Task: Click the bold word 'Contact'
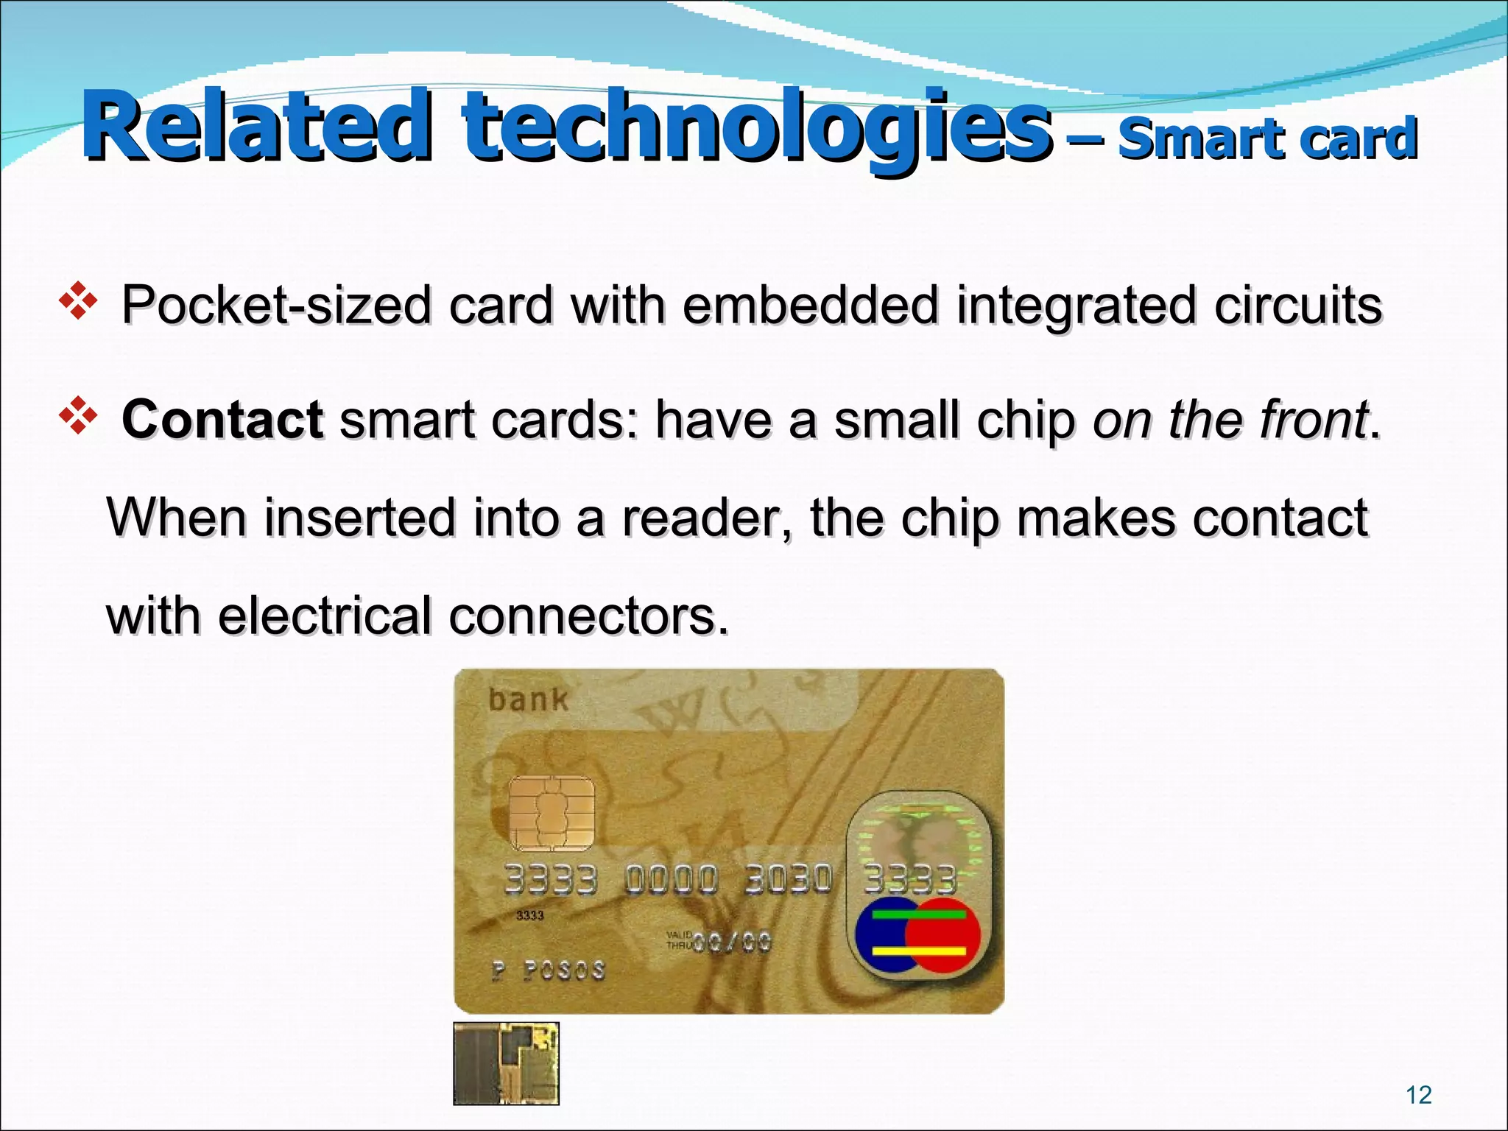tap(222, 420)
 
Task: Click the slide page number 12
tap(1418, 1095)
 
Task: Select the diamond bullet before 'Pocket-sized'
tap(77, 303)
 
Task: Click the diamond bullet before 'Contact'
tap(77, 418)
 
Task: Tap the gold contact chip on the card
tap(552, 814)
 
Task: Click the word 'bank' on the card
tap(529, 700)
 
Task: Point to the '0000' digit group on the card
tap(671, 879)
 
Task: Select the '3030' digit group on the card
tap(788, 879)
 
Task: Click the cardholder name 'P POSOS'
tap(549, 971)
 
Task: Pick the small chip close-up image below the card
tap(506, 1063)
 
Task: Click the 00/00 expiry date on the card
tap(738, 942)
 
